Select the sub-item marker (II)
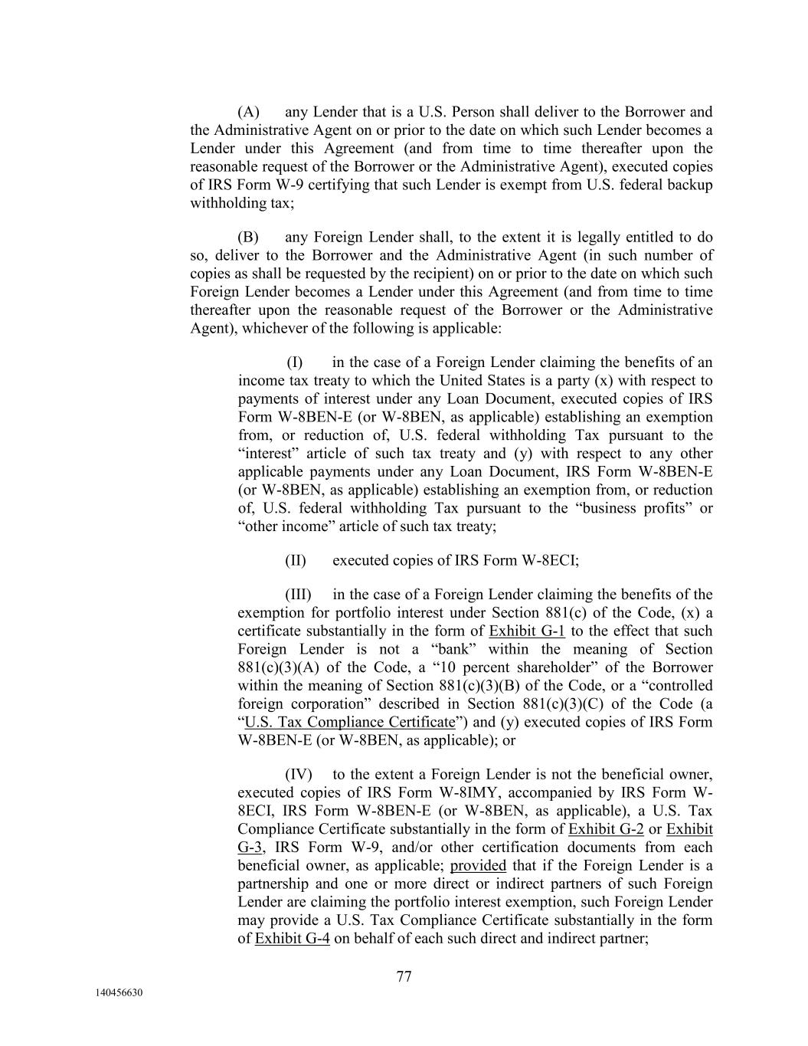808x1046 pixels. (x=296, y=560)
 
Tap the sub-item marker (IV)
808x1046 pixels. (x=299, y=775)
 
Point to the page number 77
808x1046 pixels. (x=404, y=976)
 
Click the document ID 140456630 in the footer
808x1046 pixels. (x=119, y=993)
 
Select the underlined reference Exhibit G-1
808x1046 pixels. (x=527, y=631)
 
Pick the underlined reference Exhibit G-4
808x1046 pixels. (x=292, y=939)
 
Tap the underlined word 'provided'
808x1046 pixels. (x=478, y=866)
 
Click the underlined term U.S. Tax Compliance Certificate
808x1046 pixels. (x=349, y=723)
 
